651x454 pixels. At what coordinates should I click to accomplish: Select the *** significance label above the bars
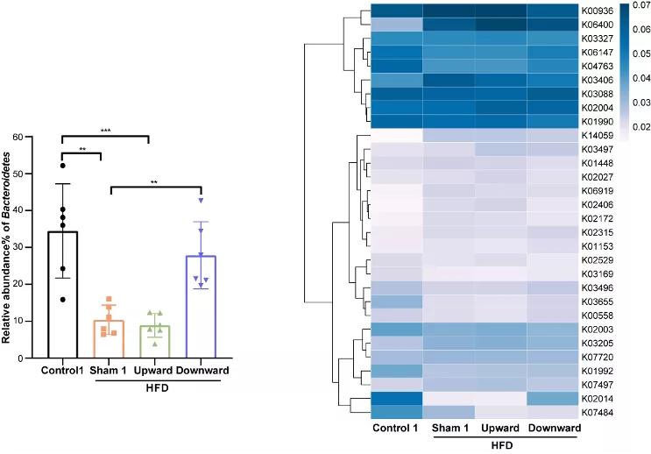pyautogui.click(x=106, y=130)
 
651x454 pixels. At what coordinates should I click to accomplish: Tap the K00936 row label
pyautogui.click(x=596, y=11)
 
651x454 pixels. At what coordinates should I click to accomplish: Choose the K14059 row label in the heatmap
pyautogui.click(x=596, y=136)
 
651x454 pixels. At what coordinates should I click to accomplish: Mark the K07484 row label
pyautogui.click(x=596, y=412)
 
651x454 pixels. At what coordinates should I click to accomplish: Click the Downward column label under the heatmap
pyautogui.click(x=554, y=427)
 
